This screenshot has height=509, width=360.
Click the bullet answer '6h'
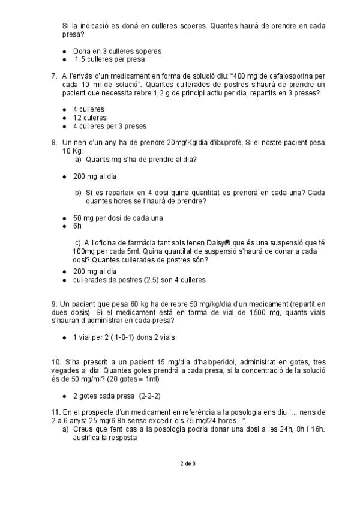pos(78,227)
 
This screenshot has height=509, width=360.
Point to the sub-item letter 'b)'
pos(78,193)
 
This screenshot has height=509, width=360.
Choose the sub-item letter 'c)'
pos(78,241)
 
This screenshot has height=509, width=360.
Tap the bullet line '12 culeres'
pos(89,118)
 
